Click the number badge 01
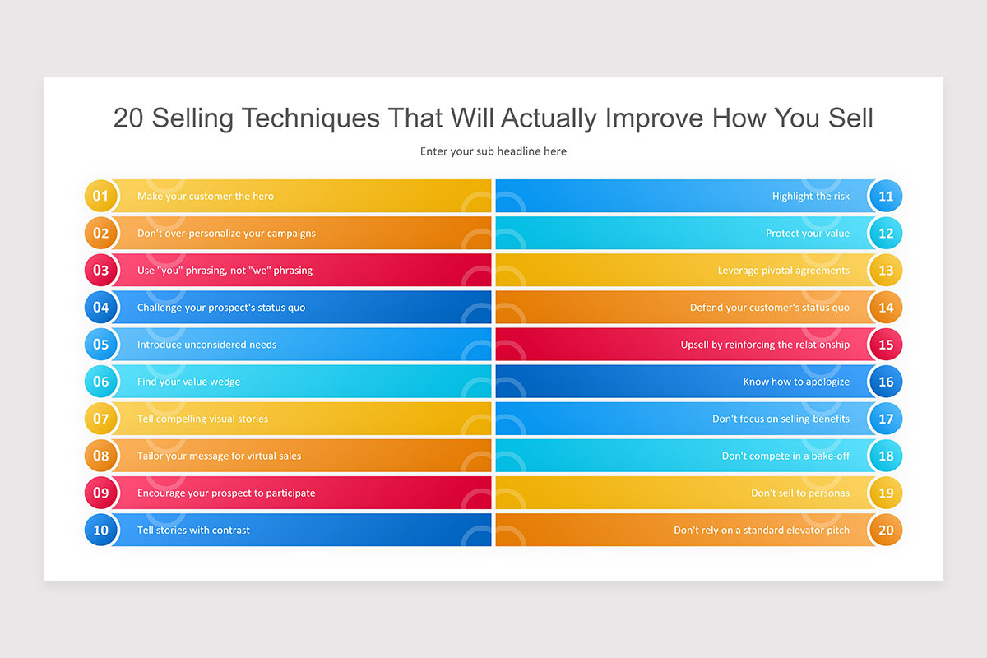(x=100, y=196)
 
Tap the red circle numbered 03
(x=100, y=270)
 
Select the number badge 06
(x=100, y=382)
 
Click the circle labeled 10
(x=100, y=530)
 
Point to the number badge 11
(x=886, y=196)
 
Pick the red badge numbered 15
(x=886, y=345)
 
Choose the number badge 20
(x=886, y=530)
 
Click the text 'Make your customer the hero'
(x=206, y=197)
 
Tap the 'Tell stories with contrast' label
(x=193, y=531)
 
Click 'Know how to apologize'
(x=796, y=382)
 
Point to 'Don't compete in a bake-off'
(x=785, y=456)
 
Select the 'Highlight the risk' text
(x=810, y=197)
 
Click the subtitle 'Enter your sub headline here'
(x=493, y=151)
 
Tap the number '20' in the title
(x=129, y=118)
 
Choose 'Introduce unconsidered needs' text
(x=206, y=345)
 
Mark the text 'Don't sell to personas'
(x=799, y=493)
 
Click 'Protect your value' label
(x=807, y=234)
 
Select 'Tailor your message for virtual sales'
(x=219, y=456)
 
